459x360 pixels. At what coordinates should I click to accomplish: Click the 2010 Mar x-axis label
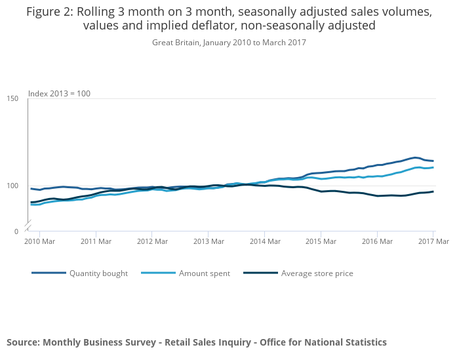pos(39,242)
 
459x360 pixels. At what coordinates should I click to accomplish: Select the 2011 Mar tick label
pos(96,242)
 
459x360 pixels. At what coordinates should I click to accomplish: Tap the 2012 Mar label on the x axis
pos(151,242)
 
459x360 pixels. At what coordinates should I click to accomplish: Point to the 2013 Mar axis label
pos(208,242)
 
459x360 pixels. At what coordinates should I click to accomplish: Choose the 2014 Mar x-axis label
pos(264,242)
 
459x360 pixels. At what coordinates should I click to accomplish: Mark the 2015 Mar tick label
pos(321,242)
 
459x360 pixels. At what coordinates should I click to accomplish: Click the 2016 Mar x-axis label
pos(377,242)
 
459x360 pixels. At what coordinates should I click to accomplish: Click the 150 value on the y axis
pos(12,99)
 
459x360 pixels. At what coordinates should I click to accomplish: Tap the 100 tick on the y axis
pos(12,186)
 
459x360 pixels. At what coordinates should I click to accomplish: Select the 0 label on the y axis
pos(16,231)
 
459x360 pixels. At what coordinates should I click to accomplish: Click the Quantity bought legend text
pos(98,273)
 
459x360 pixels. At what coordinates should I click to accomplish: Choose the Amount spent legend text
pos(205,273)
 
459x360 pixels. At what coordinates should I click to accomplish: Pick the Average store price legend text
pos(317,273)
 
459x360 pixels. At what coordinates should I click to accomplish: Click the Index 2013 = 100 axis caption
pos(59,94)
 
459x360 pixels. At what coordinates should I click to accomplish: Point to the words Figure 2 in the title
pos(50,12)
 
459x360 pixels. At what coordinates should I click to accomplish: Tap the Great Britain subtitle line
pos(229,43)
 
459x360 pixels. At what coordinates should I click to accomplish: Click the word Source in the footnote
pos(22,342)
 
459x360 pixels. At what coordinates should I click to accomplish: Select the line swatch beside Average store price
pos(260,273)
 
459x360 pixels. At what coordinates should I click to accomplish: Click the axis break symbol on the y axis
pos(28,226)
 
